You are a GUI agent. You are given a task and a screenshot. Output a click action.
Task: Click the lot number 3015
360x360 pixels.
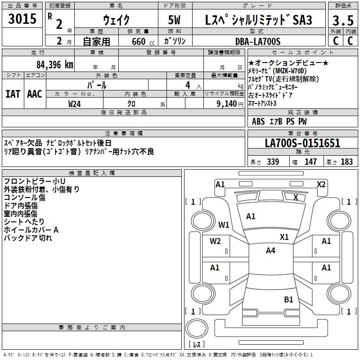(23, 19)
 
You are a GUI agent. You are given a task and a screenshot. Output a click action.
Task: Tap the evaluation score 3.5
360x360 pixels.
(342, 20)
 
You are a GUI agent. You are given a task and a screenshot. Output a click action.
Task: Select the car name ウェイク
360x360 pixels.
(116, 20)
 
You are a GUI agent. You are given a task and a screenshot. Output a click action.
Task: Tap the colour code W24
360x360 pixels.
(75, 103)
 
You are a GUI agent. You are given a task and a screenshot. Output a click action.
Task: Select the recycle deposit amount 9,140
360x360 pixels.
(225, 103)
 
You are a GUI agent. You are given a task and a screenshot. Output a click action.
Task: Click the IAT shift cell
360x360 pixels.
(13, 94)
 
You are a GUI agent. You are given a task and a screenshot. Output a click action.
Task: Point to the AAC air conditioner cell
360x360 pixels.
(35, 94)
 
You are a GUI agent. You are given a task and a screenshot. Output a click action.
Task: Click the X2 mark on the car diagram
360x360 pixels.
(321, 184)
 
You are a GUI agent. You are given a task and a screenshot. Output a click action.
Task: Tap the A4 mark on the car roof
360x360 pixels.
(270, 251)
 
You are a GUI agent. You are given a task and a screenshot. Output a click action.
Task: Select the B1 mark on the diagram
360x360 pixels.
(288, 299)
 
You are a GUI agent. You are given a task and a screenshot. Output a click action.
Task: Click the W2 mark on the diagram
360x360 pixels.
(215, 241)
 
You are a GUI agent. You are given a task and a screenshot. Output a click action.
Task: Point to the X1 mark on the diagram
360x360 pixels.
(284, 237)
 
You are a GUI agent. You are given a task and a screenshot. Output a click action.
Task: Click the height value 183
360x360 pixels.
(346, 162)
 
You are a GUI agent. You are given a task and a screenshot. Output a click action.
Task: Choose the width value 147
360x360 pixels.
(310, 162)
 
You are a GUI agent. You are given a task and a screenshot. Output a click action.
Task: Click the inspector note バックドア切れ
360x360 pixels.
(28, 238)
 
